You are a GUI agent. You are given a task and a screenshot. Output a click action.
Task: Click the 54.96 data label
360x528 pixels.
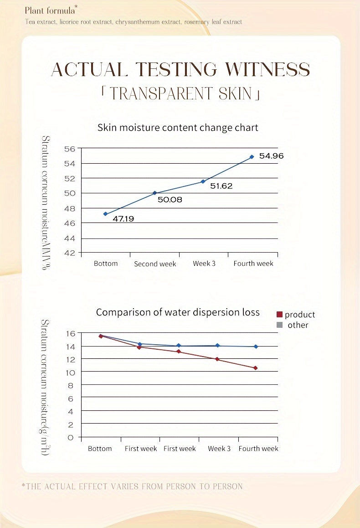[271, 156]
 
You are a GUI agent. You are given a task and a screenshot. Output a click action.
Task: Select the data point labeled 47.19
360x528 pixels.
[105, 214]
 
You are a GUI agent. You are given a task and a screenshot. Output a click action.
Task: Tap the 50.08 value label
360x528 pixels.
[170, 199]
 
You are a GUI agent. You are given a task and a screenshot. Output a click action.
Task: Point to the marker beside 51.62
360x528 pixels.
[203, 181]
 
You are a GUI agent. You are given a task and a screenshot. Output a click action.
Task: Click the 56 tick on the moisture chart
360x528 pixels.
[70, 149]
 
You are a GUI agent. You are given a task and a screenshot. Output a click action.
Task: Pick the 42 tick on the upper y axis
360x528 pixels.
[70, 253]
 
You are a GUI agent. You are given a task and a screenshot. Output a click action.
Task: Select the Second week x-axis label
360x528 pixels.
[155, 264]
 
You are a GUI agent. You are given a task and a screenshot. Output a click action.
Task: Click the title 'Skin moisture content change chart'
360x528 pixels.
[178, 128]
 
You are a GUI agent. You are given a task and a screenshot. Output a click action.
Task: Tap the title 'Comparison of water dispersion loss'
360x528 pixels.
[178, 312]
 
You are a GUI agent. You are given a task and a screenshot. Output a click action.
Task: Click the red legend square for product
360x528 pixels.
[280, 315]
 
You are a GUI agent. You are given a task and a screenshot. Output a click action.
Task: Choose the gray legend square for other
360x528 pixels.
[280, 325]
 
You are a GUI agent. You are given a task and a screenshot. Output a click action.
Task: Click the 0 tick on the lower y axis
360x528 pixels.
[71, 438]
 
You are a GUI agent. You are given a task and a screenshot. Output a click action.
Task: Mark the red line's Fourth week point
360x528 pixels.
[256, 368]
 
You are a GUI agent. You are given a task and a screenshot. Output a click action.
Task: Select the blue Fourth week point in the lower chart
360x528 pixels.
[256, 347]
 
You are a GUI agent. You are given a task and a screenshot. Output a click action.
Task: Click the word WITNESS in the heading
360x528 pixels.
[268, 70]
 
